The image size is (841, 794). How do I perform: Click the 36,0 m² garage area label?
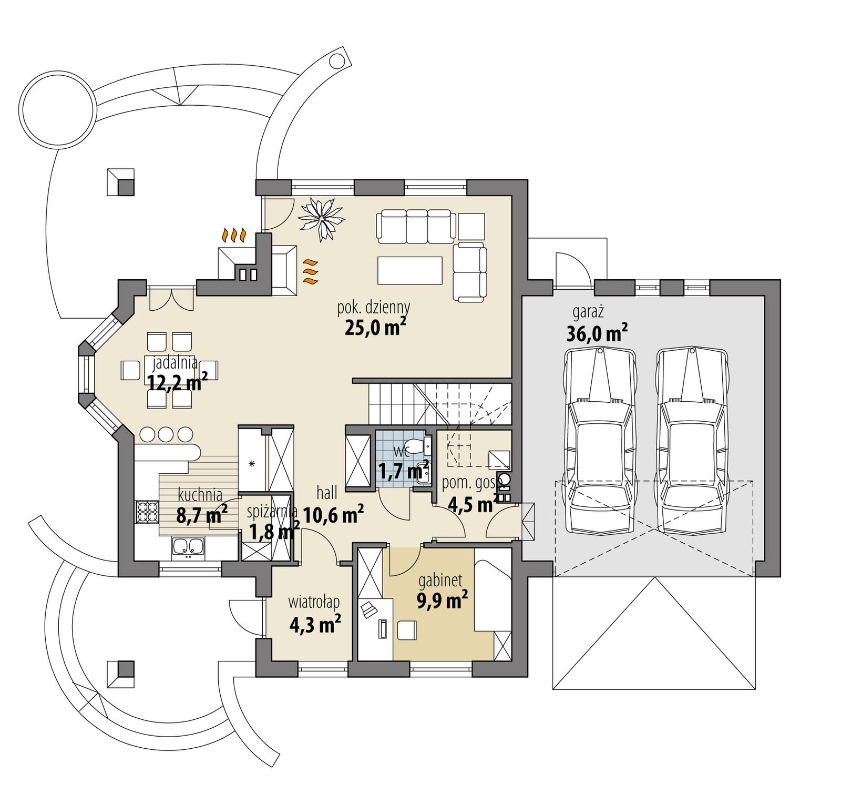click(597, 333)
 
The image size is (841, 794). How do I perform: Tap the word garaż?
click(588, 311)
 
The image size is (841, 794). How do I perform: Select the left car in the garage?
click(600, 442)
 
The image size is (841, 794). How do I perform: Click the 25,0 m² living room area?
click(375, 328)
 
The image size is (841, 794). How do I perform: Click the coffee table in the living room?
click(409, 269)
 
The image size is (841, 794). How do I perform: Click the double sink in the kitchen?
click(188, 547)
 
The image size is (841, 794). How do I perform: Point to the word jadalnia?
click(175, 362)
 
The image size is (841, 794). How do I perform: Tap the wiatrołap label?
click(314, 602)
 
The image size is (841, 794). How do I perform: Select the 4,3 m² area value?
click(315, 624)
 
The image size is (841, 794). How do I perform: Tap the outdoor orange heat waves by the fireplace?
click(234, 235)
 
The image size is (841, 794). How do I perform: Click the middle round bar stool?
click(166, 434)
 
